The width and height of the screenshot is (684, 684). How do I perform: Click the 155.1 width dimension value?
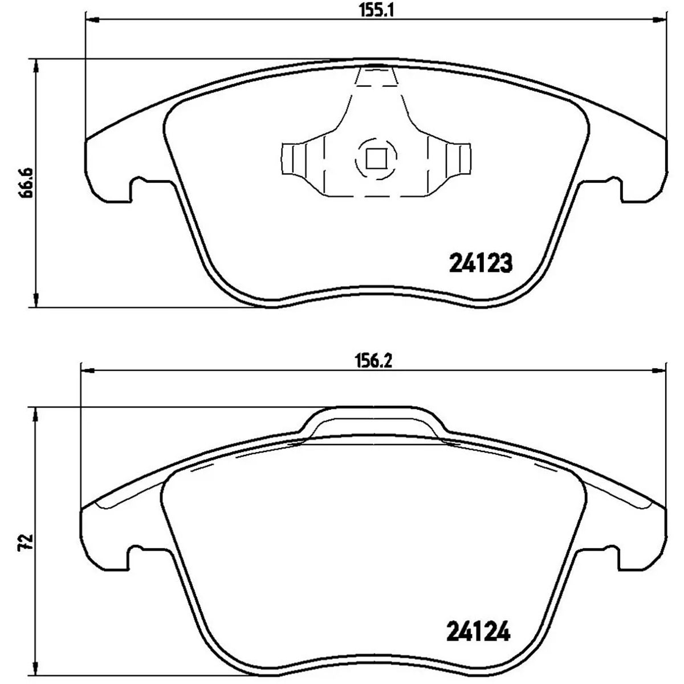click(377, 12)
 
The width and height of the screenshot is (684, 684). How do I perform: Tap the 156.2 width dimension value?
click(373, 362)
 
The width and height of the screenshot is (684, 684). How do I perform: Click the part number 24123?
click(481, 263)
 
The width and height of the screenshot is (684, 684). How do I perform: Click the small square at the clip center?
click(376, 158)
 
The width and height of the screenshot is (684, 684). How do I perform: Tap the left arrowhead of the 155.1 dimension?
click(92, 20)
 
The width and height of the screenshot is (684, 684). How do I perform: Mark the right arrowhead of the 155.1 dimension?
click(660, 20)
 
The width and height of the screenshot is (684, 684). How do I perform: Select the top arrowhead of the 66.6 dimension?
click(36, 65)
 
